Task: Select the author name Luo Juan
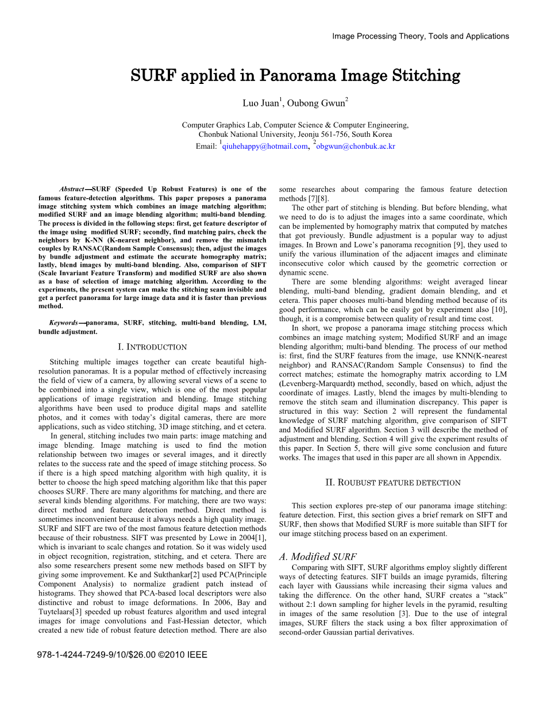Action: pos(260,103)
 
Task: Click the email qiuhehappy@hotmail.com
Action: pos(265,147)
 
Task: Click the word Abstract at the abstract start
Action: pos(71,189)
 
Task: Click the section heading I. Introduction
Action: pos(152,347)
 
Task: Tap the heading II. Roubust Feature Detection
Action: pos(393,483)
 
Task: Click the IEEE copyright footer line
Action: pos(122,655)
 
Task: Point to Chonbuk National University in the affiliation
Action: pos(246,134)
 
